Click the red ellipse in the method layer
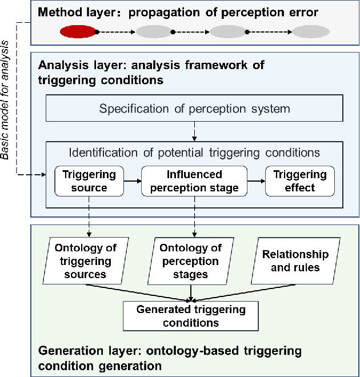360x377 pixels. tap(78, 32)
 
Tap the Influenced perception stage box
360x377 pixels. tap(194, 181)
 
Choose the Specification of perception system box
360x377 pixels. tap(194, 109)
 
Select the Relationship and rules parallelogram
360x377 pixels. tap(295, 260)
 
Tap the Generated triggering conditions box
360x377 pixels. tap(191, 315)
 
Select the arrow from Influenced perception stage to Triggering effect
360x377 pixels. tap(256, 181)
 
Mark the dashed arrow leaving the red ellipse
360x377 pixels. tap(115, 32)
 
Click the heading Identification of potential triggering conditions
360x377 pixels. tap(194, 153)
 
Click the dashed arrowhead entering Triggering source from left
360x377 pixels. tap(43, 177)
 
